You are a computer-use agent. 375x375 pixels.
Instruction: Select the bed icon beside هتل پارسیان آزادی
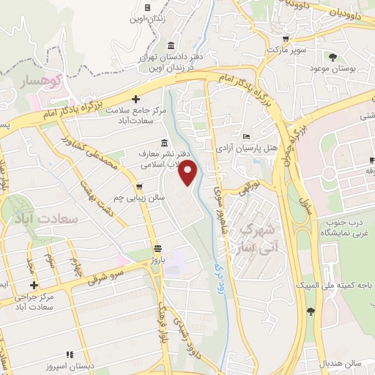click(x=246, y=136)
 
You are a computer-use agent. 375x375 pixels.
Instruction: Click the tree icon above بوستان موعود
click(x=334, y=57)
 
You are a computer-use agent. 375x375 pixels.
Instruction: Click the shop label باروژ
click(x=160, y=259)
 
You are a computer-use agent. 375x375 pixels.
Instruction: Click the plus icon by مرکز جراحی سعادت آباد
click(x=33, y=284)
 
